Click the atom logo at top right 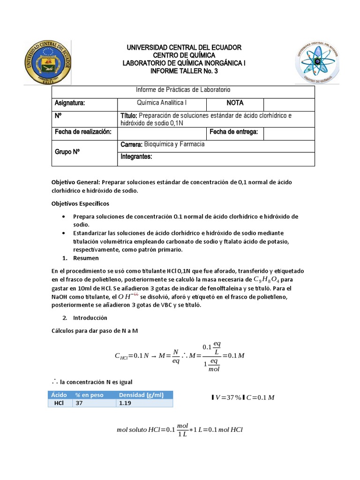pos(317,62)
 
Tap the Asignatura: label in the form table pos(70,103)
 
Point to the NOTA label pos(234,103)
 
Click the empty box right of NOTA pos(289,103)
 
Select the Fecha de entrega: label pos(233,132)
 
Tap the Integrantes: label pos(136,157)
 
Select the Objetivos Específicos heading pos(80,204)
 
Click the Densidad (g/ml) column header pos(142,395)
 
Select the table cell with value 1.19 pos(125,403)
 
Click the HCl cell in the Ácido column pos(59,403)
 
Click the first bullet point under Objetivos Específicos pos(64,217)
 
